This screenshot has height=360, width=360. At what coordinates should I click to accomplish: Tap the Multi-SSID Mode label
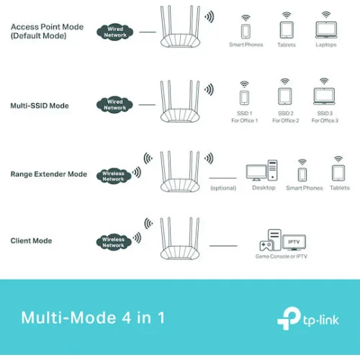click(40, 106)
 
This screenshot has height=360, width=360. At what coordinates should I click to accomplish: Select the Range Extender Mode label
click(48, 174)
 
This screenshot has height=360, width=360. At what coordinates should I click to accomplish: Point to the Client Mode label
click(31, 240)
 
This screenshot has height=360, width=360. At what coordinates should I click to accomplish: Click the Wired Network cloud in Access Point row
click(115, 32)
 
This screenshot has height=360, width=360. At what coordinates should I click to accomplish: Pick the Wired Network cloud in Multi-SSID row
click(115, 105)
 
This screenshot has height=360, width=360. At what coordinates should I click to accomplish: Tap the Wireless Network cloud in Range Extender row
click(113, 176)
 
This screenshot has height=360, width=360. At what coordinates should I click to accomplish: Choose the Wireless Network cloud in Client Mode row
click(113, 242)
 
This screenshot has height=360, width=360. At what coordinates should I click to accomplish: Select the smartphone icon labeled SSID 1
click(245, 97)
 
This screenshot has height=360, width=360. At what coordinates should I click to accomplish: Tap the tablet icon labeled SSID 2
click(285, 96)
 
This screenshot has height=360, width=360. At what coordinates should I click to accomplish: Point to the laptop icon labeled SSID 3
click(325, 96)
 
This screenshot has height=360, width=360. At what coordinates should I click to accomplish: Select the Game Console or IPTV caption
click(282, 256)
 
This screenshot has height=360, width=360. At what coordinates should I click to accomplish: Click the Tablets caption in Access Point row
click(286, 45)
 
